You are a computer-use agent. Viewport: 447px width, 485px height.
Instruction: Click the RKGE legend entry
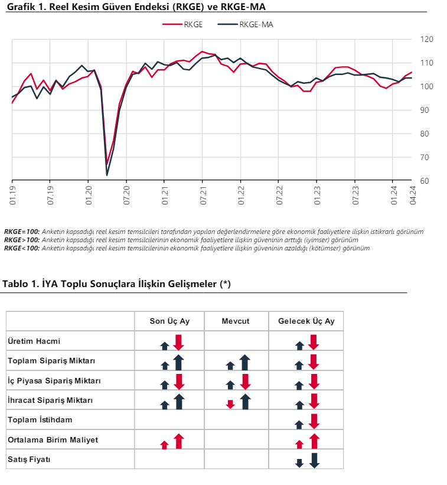[182, 24]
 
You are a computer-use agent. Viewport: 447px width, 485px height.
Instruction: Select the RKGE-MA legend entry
[245, 24]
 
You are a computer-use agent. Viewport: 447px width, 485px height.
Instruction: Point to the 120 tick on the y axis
[426, 39]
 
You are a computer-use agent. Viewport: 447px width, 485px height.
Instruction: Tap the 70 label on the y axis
[425, 158]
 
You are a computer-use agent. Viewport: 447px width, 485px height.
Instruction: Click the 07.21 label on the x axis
[203, 196]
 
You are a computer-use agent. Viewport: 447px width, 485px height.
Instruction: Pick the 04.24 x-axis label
[413, 196]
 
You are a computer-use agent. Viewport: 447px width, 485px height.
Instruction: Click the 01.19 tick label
[12, 196]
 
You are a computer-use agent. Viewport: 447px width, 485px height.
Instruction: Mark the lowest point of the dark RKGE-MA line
[107, 175]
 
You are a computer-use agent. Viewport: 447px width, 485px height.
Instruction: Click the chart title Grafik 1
[136, 6]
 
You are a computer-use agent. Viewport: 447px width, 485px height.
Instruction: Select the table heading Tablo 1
[116, 284]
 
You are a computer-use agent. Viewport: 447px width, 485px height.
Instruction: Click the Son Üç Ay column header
[169, 321]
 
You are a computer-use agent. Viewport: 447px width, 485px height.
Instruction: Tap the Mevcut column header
[236, 321]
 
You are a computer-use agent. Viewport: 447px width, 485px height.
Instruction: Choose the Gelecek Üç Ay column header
[306, 321]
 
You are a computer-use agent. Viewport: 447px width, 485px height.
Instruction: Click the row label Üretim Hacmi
[34, 341]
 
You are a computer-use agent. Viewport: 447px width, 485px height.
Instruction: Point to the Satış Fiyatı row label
[29, 460]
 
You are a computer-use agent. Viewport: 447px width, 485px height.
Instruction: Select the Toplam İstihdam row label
[40, 420]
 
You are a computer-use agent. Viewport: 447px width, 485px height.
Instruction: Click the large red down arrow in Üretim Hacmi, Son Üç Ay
[179, 342]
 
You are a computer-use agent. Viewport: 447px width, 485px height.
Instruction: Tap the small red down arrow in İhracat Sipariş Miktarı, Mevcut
[230, 404]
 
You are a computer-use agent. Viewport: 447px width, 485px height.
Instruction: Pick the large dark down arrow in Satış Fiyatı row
[314, 461]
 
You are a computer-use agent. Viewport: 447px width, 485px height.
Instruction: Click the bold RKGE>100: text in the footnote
[22, 240]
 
